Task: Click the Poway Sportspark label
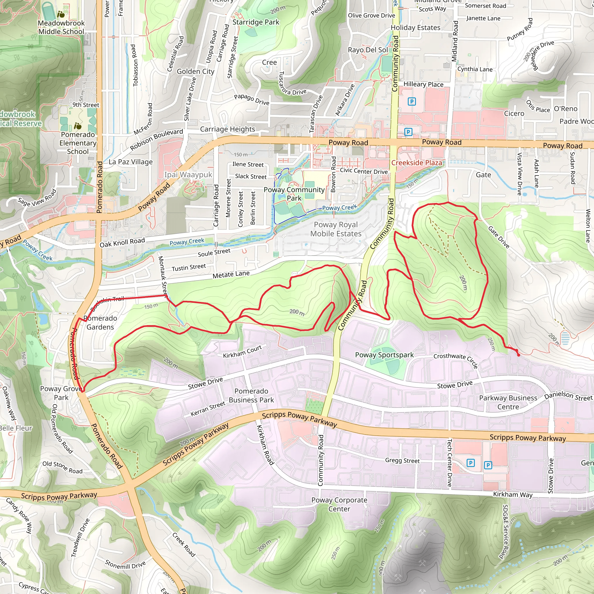[384, 355]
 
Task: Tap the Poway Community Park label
[294, 194]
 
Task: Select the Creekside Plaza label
[416, 163]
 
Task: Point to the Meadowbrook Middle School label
[61, 27]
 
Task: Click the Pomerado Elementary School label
[78, 143]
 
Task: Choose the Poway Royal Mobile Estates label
[336, 229]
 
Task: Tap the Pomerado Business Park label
[251, 395]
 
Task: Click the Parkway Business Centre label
[508, 402]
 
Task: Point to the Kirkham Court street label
[242, 352]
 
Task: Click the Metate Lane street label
[231, 274]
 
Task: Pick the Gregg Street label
[402, 461]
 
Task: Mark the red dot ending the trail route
[518, 355]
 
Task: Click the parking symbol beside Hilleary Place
[412, 101]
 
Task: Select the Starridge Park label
[256, 22]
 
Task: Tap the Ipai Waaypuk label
[188, 175]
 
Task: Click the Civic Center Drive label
[364, 171]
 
